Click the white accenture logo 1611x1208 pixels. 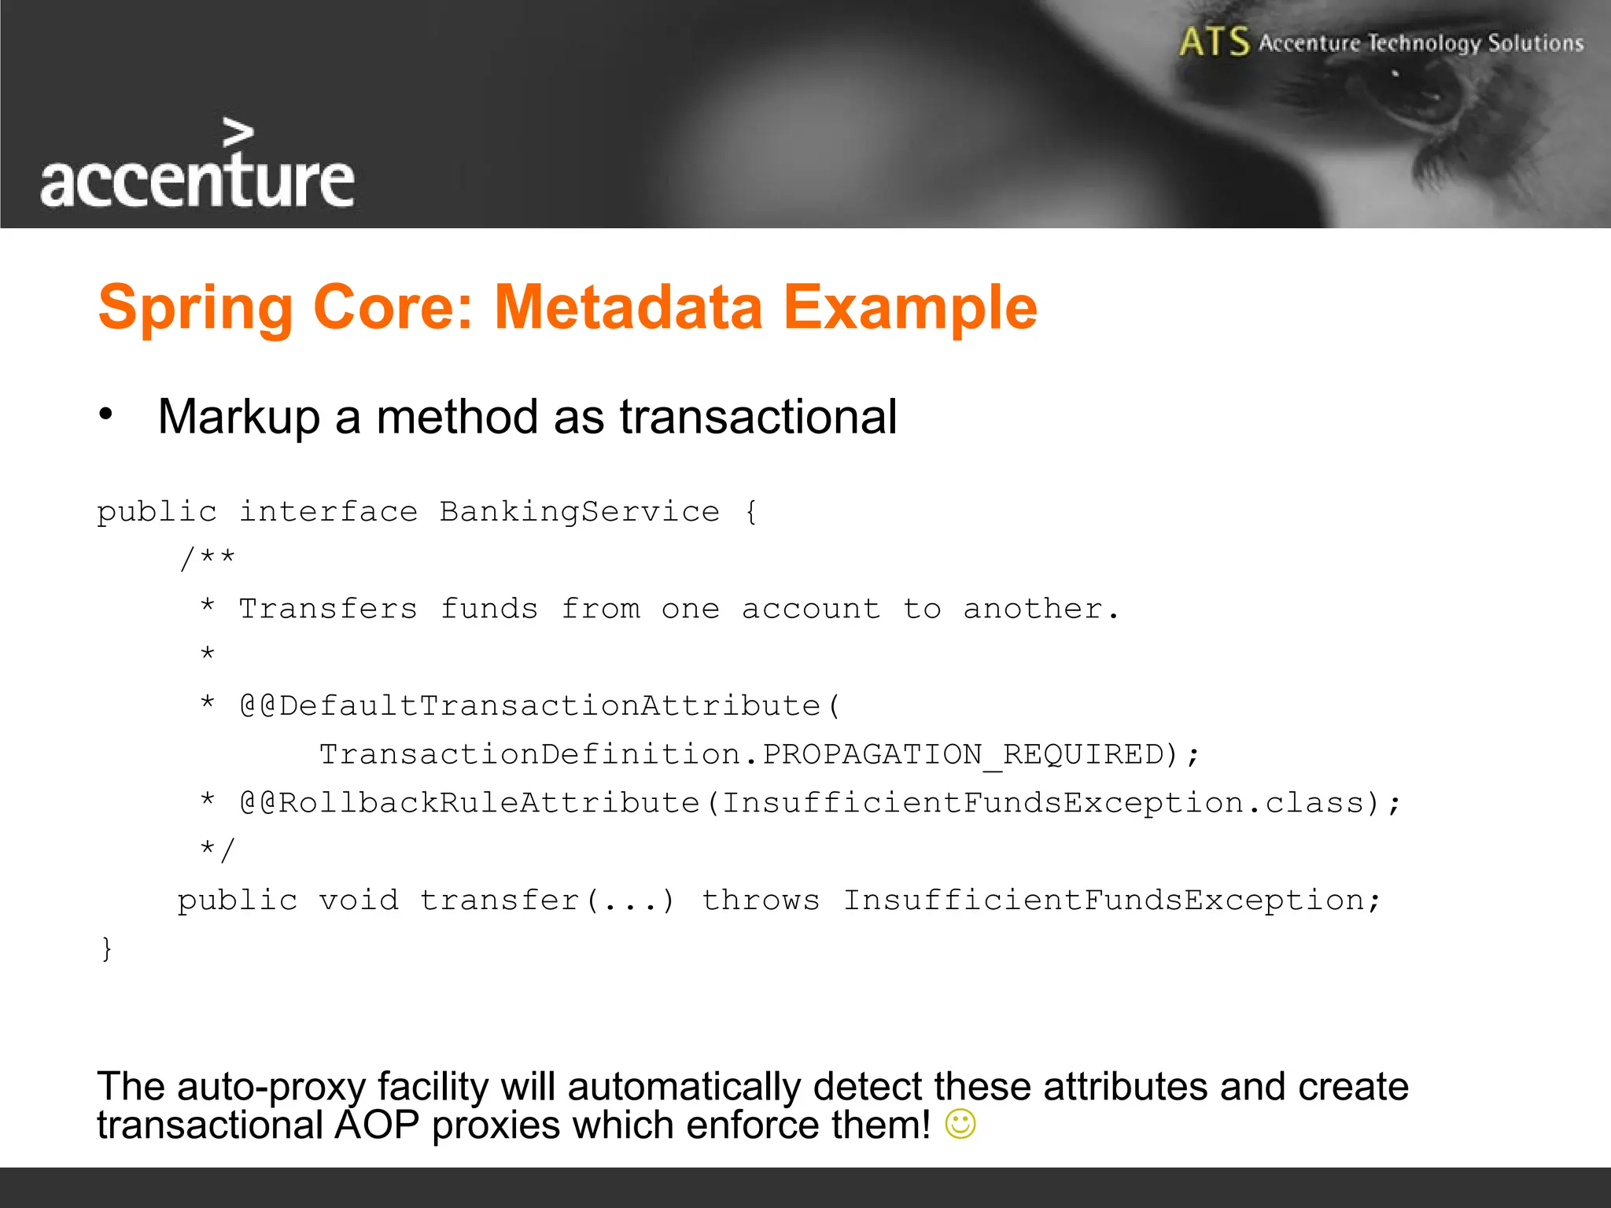[x=197, y=169]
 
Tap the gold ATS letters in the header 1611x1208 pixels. [x=1214, y=42]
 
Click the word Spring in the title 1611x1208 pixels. [x=195, y=309]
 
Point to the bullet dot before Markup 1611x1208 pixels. [x=106, y=414]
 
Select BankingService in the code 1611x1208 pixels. [x=579, y=512]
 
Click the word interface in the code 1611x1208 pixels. [x=328, y=512]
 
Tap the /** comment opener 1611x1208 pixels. [x=207, y=559]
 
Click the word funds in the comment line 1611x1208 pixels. [x=488, y=609]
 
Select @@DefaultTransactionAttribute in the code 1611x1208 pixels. [x=540, y=705]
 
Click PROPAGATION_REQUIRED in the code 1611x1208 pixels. [x=964, y=754]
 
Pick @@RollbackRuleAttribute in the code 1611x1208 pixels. [x=470, y=803]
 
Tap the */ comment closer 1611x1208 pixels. [x=216, y=850]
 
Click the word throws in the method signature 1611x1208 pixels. [x=760, y=900]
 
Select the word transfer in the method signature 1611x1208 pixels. [x=500, y=900]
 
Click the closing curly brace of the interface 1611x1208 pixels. [x=107, y=948]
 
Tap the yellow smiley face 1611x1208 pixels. [x=960, y=1124]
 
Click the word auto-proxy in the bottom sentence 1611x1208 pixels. [x=271, y=1087]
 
